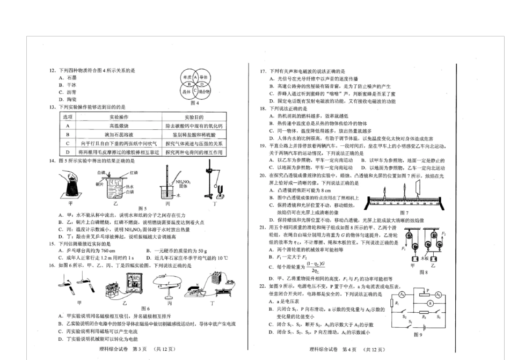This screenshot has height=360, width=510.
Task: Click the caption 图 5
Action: (x=142, y=208)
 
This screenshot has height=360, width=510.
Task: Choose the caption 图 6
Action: (x=145, y=308)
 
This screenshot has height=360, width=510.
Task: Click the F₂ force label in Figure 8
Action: (x=443, y=234)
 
